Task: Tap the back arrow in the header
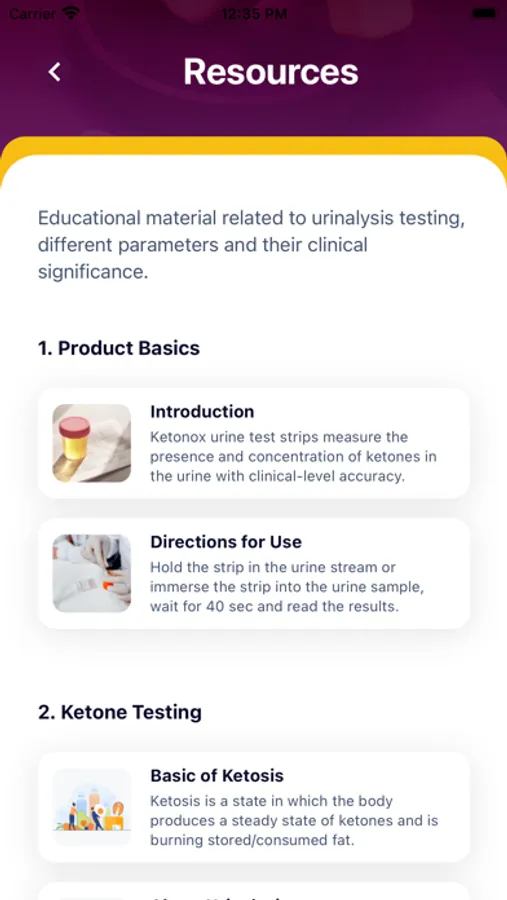[x=55, y=72]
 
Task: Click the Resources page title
[x=271, y=72]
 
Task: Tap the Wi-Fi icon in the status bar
[x=71, y=13]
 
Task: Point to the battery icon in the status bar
[x=485, y=13]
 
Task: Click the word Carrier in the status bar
[x=33, y=13]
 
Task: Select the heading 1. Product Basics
[x=119, y=348]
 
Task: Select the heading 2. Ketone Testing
[x=120, y=712]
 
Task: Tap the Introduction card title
[x=202, y=412]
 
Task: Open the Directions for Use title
[x=226, y=542]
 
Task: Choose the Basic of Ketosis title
[x=217, y=775]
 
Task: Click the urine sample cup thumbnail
[x=92, y=443]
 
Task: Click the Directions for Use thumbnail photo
[x=92, y=573]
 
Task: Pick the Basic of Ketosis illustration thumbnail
[x=92, y=807]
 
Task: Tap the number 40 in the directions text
[x=219, y=606]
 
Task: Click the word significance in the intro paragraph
[x=93, y=271]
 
